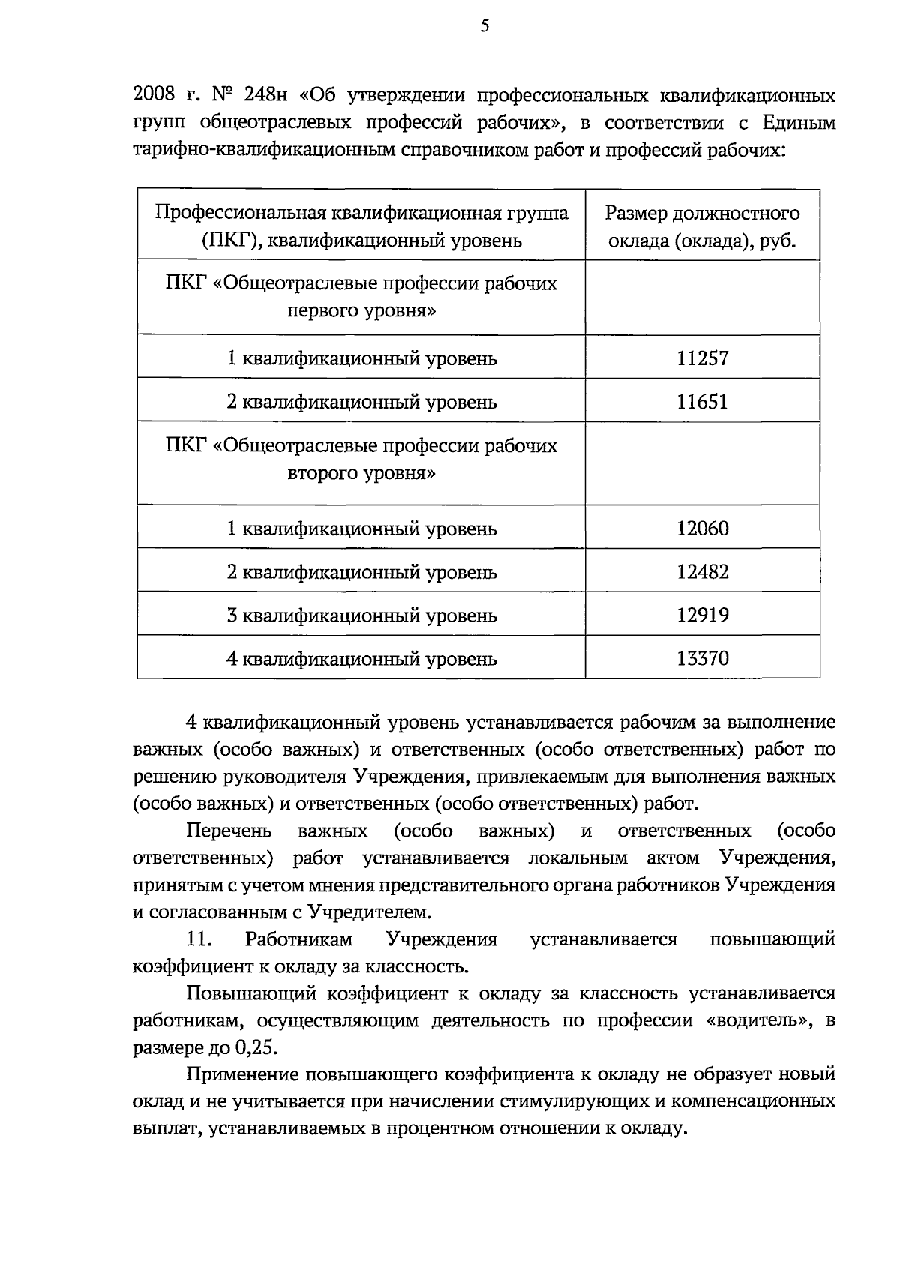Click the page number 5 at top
484,27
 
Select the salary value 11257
702,358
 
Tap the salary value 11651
702,402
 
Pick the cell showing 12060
702,529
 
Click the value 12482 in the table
702,573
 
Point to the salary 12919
702,616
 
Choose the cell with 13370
702,660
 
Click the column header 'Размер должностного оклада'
702,227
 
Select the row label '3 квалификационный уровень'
361,616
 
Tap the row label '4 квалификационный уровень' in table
361,660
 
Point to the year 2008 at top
154,96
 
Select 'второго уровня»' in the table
361,474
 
